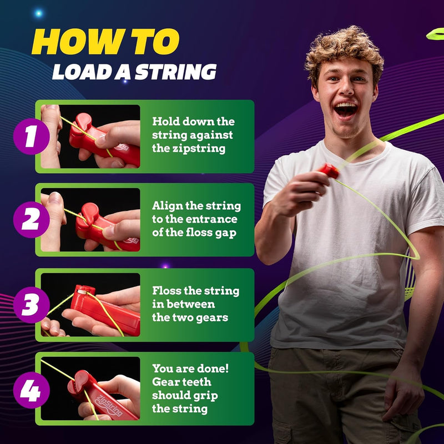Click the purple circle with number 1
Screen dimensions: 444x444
28,136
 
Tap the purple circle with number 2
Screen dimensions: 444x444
28,220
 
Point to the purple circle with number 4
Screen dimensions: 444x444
28,389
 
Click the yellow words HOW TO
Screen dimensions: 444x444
105,42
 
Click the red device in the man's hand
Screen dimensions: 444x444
328,170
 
